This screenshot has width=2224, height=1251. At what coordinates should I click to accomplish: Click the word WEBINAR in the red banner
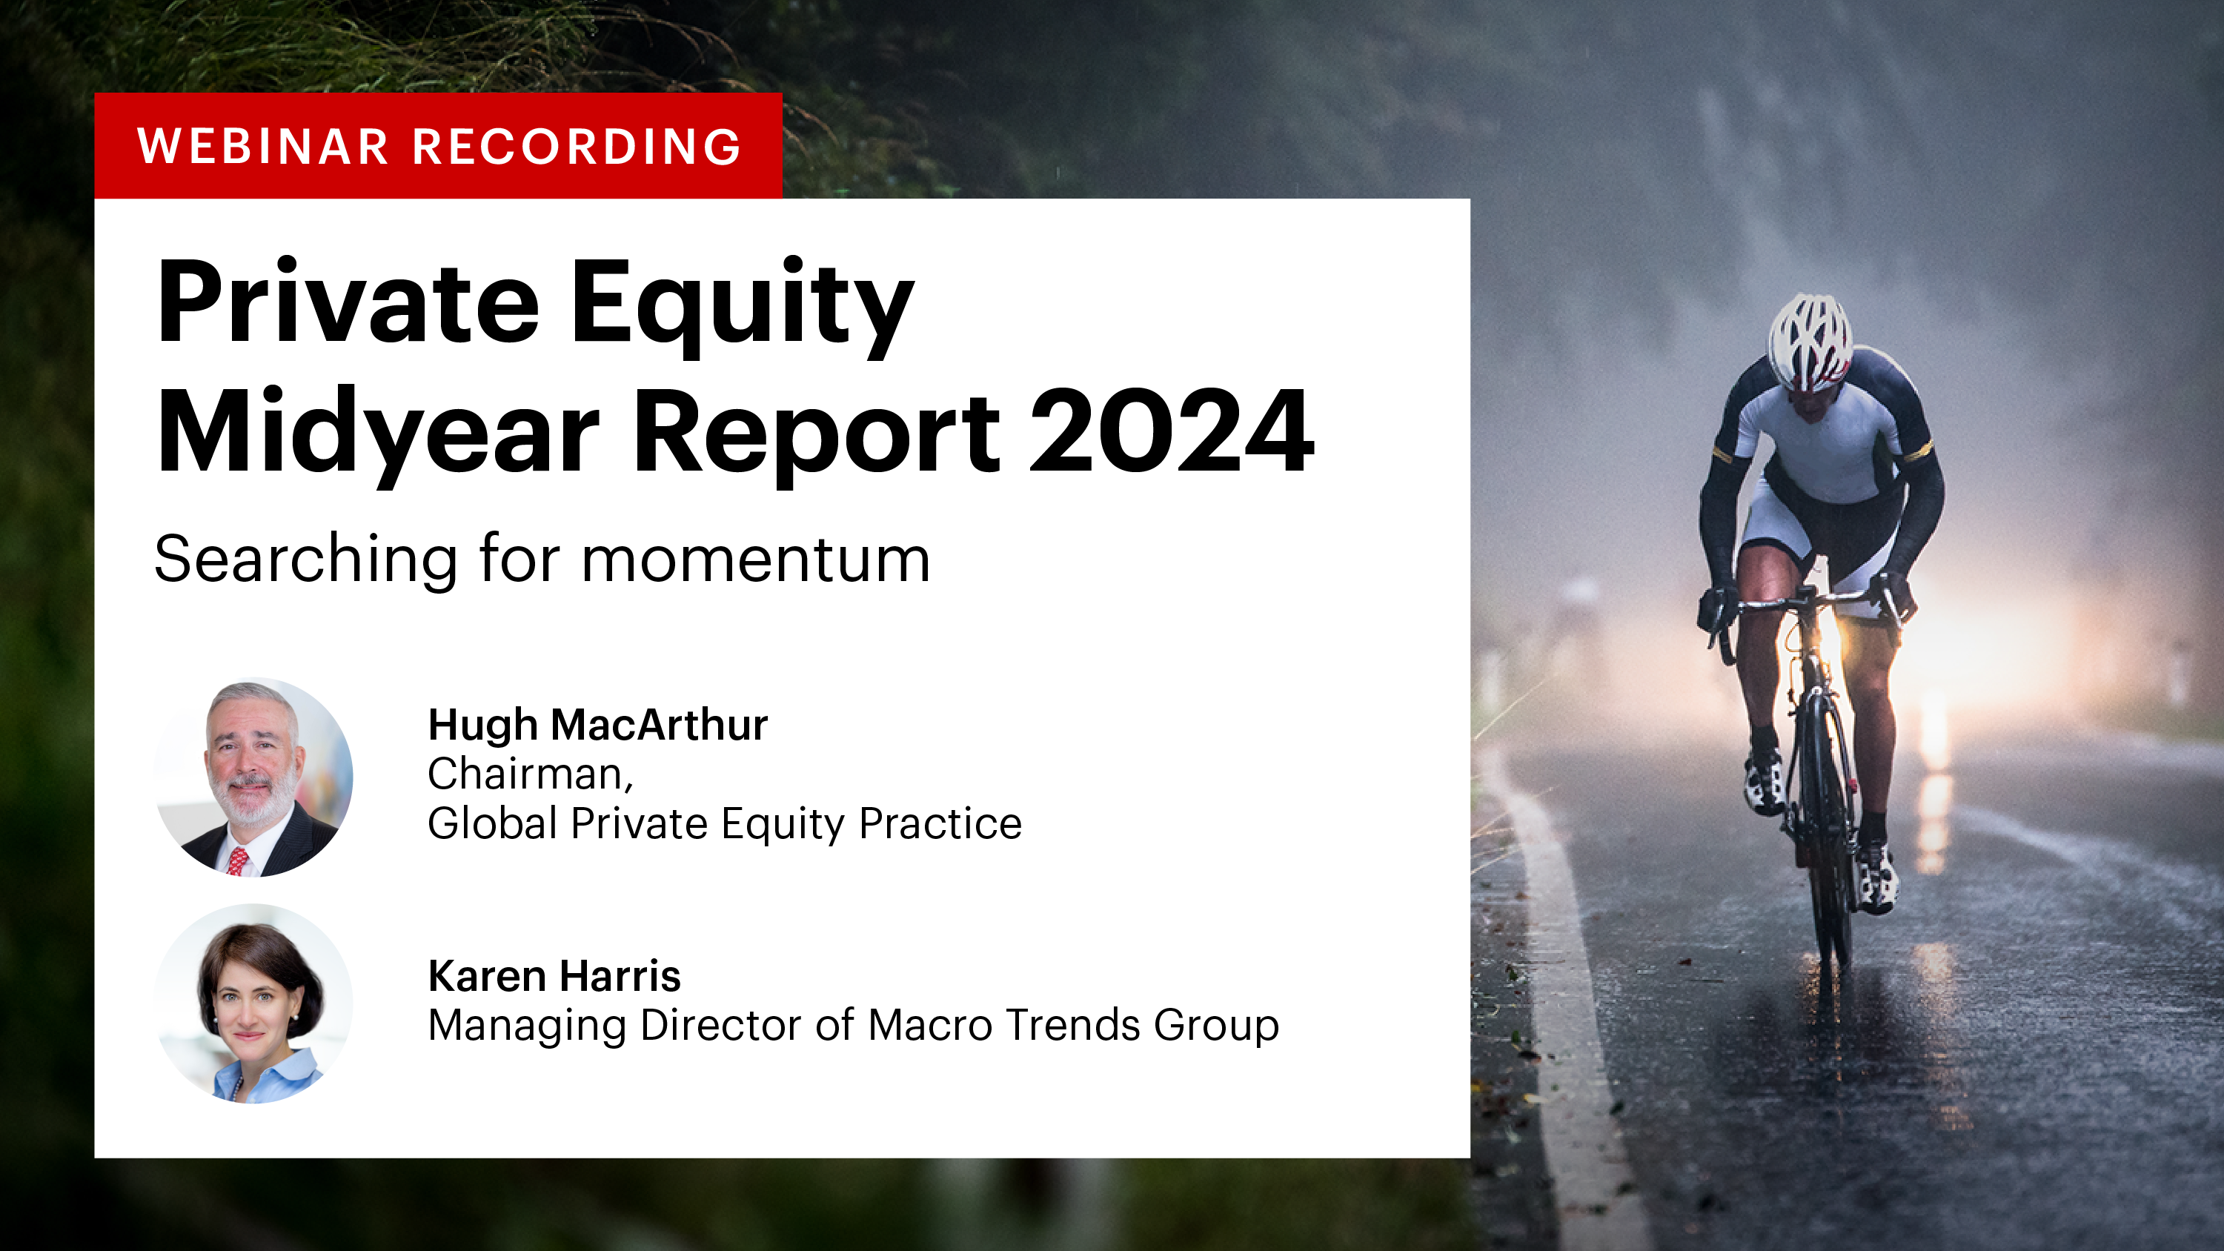[262, 146]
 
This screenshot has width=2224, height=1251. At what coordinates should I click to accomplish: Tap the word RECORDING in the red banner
[577, 146]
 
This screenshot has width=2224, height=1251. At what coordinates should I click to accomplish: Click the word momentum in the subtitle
[755, 560]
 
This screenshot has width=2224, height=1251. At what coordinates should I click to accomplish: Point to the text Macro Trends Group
[1072, 1026]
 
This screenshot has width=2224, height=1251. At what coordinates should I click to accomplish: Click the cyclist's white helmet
[1810, 341]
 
